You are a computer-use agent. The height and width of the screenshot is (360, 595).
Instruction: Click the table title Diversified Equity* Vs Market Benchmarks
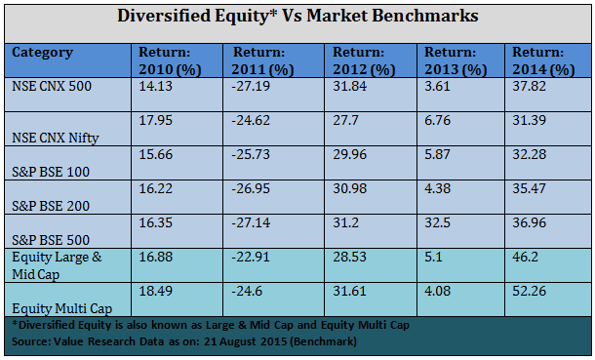pos(298,17)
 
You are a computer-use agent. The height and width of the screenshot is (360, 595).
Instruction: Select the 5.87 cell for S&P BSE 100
pos(439,154)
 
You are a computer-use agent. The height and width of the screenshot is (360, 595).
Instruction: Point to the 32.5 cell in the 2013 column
pos(439,221)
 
